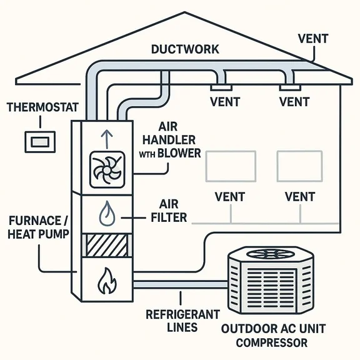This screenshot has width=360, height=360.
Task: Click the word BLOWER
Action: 181,152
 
